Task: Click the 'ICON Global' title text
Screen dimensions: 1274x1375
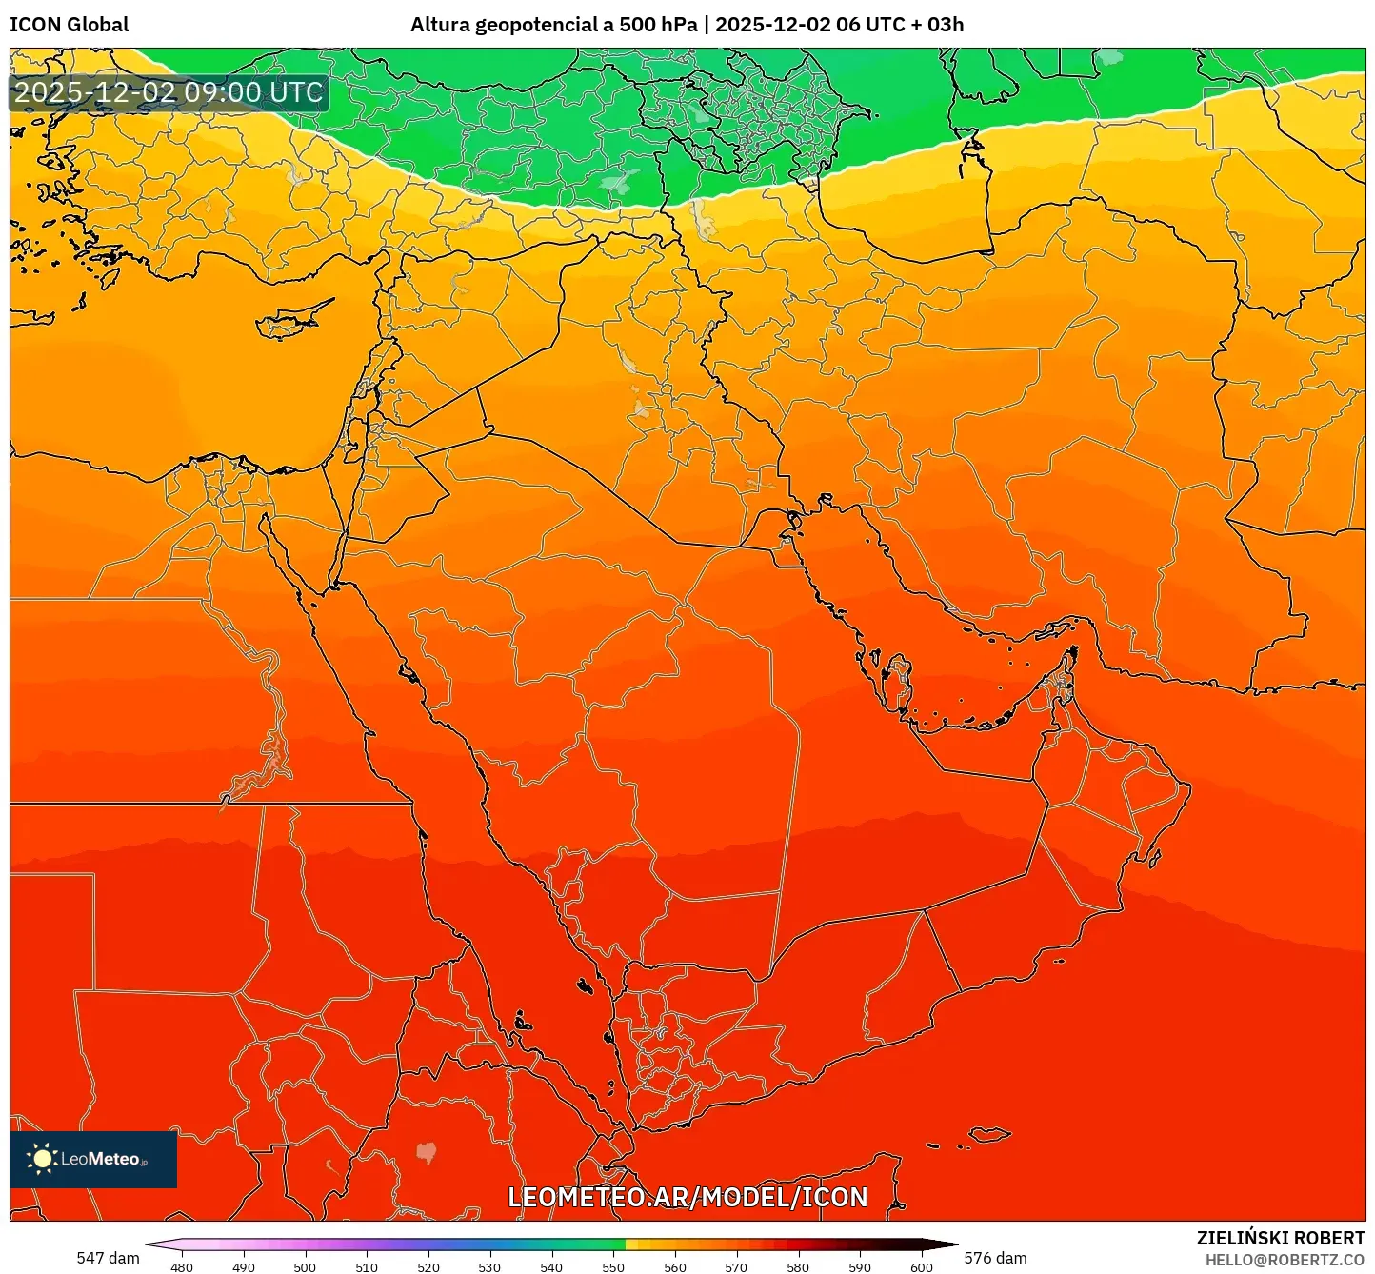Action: (69, 25)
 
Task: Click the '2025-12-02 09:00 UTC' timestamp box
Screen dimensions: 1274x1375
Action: (169, 93)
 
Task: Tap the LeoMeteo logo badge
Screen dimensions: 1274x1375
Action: (93, 1159)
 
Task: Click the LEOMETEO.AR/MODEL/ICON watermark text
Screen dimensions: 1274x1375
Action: (687, 1198)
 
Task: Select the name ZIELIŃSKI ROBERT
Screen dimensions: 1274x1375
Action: (1281, 1238)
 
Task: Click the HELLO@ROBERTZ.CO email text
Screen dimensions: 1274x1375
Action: (1285, 1260)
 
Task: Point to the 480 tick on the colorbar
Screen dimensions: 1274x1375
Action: (182, 1266)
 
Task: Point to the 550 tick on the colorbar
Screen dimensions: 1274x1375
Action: (613, 1266)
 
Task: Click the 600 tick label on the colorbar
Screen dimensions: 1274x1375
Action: (922, 1266)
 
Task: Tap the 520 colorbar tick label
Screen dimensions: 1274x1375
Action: (428, 1266)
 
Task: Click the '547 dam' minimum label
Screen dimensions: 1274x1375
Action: (108, 1258)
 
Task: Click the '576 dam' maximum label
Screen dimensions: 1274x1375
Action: (995, 1258)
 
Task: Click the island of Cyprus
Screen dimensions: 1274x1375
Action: (290, 320)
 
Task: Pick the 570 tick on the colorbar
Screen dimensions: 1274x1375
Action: (736, 1266)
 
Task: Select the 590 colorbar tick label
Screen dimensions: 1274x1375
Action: (860, 1266)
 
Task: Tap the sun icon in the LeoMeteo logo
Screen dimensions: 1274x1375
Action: (42, 1159)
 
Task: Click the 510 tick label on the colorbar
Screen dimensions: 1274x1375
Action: (367, 1266)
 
